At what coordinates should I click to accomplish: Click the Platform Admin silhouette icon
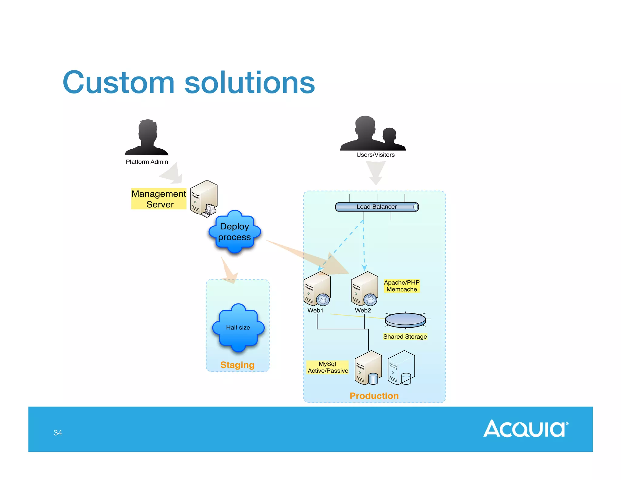[x=147, y=138]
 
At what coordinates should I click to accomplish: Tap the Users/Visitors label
[x=375, y=155]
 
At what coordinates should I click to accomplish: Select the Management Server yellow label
[x=159, y=199]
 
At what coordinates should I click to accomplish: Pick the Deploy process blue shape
[x=234, y=232]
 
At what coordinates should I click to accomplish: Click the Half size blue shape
[x=238, y=328]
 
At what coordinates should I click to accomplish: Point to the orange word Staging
[x=237, y=365]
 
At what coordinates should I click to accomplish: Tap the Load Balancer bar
[x=377, y=207]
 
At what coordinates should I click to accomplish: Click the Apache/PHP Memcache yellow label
[x=401, y=286]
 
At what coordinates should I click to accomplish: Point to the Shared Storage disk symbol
[x=405, y=320]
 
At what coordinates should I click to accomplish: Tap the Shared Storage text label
[x=405, y=336]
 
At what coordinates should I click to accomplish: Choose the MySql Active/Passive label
[x=327, y=367]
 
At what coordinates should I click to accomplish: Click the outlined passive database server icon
[x=401, y=368]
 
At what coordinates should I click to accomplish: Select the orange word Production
[x=374, y=396]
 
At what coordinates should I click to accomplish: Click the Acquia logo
[x=525, y=429]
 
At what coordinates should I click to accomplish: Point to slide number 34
[x=58, y=433]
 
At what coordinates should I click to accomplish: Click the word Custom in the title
[x=119, y=83]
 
